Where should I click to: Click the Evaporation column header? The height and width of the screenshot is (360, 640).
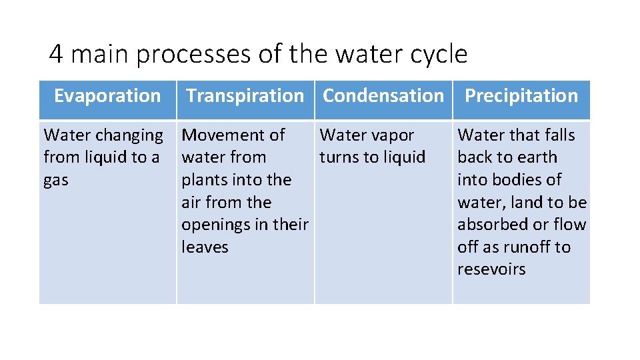point(107,96)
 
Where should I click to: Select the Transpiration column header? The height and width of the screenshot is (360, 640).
point(245,96)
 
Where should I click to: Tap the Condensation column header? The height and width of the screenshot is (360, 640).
point(383,96)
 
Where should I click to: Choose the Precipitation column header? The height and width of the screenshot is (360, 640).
point(521,96)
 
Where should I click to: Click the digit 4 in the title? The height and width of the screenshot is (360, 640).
point(56,54)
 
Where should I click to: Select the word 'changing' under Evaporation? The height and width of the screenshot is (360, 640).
point(131,136)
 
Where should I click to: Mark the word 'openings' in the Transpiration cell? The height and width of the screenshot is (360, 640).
point(217,225)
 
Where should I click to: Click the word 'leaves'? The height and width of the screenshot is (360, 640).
point(205,247)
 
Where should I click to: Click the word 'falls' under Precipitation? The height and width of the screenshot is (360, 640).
point(556,135)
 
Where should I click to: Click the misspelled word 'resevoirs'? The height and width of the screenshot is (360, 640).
point(491,269)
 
